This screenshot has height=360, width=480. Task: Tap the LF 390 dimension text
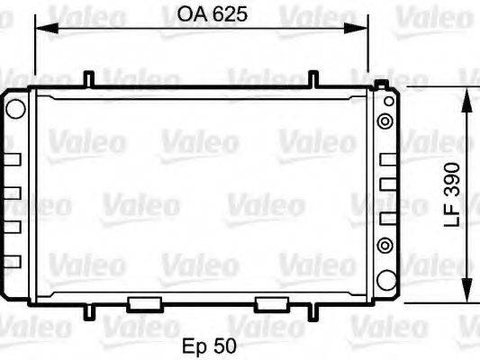click(x=453, y=194)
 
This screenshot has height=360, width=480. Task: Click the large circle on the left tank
click(x=15, y=109)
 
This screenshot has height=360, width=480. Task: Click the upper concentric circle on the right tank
click(x=385, y=121)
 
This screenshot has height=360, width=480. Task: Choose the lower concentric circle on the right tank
click(x=385, y=244)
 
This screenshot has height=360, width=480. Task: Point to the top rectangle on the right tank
click(x=387, y=160)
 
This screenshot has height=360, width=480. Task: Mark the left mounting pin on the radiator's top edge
click(x=89, y=79)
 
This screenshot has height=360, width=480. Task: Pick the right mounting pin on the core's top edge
click(x=312, y=79)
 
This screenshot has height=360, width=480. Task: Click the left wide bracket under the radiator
click(x=143, y=304)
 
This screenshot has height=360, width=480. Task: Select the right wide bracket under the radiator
click(x=271, y=304)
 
